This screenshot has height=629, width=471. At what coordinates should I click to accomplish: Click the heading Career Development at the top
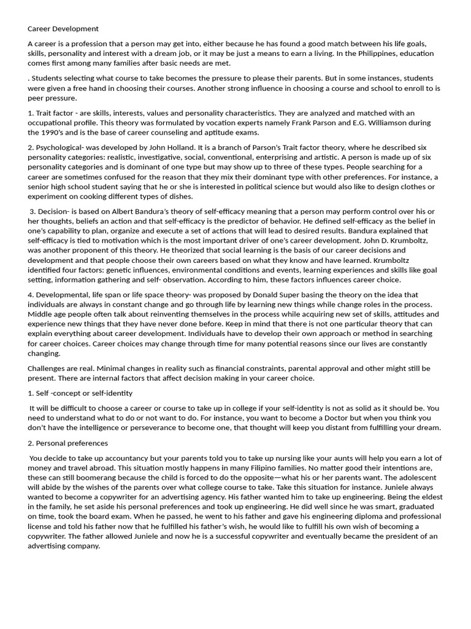[63, 29]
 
